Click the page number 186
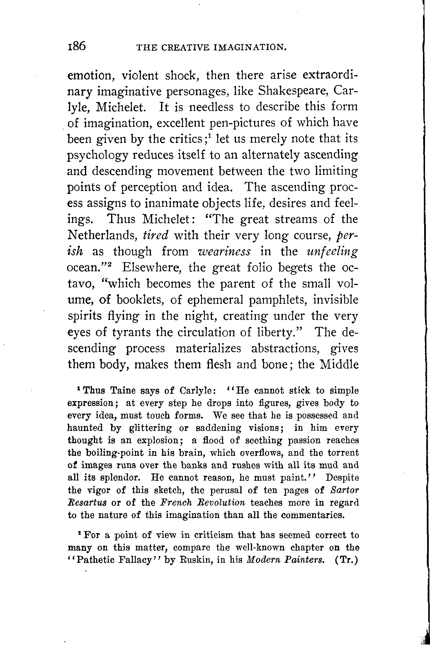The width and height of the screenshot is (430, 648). pos(77,46)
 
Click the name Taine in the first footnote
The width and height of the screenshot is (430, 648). pos(122,390)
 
